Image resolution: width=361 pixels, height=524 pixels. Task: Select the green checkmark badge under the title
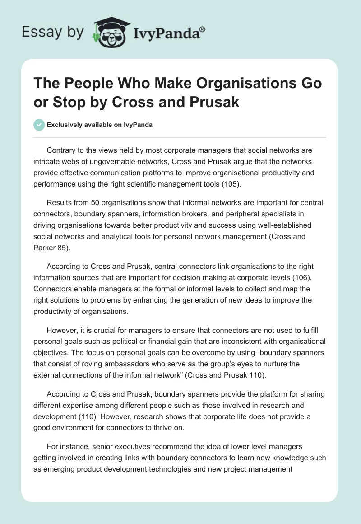39,125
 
